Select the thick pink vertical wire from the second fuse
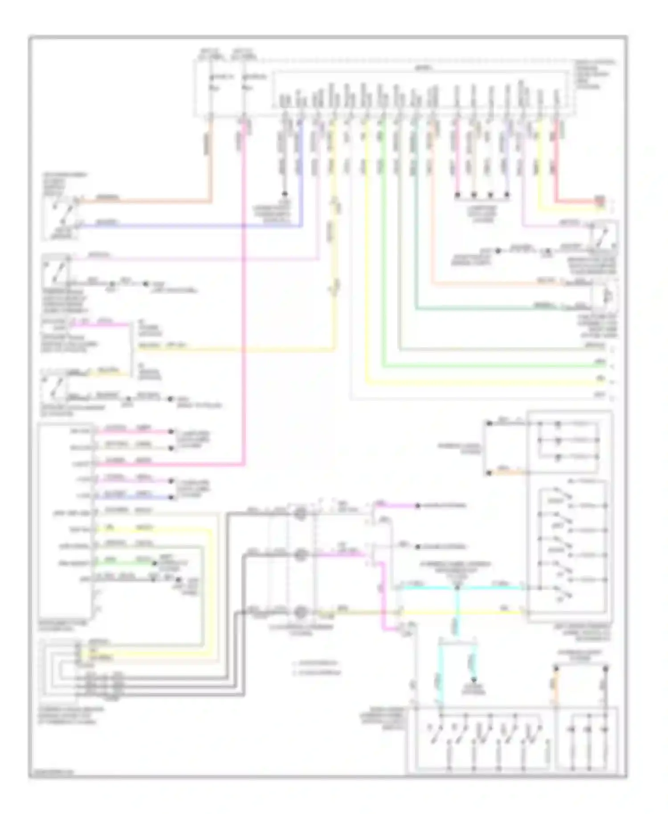click(x=244, y=312)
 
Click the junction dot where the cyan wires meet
click(x=457, y=588)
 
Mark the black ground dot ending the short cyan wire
click(x=474, y=680)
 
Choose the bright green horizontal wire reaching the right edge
click(x=490, y=366)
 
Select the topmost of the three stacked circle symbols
click(x=301, y=513)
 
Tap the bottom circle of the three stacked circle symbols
click(x=301, y=613)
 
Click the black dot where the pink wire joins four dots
click(x=457, y=195)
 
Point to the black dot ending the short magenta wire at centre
click(x=417, y=506)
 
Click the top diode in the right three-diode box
click(x=558, y=424)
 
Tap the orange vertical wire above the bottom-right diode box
click(x=555, y=686)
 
